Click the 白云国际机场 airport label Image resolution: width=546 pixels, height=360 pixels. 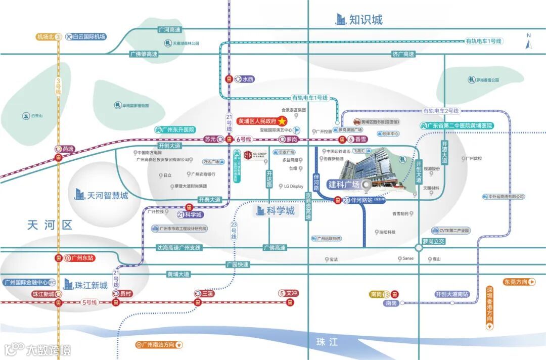pyautogui.click(x=88, y=36)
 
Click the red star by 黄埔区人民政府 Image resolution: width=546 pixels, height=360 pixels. pyautogui.click(x=282, y=121)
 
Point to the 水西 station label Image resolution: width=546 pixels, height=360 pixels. pyautogui.click(x=247, y=79)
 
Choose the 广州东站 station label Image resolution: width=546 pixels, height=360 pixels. pyautogui.click(x=82, y=258)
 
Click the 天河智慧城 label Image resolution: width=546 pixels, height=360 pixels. pyautogui.click(x=107, y=196)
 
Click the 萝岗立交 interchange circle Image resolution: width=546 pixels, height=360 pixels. pyautogui.click(x=419, y=248)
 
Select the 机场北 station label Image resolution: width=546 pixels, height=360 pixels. pyautogui.click(x=46, y=37)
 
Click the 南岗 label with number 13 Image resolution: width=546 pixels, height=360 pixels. pyautogui.click(x=379, y=294)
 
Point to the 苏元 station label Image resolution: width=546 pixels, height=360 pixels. pyautogui.click(x=210, y=139)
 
